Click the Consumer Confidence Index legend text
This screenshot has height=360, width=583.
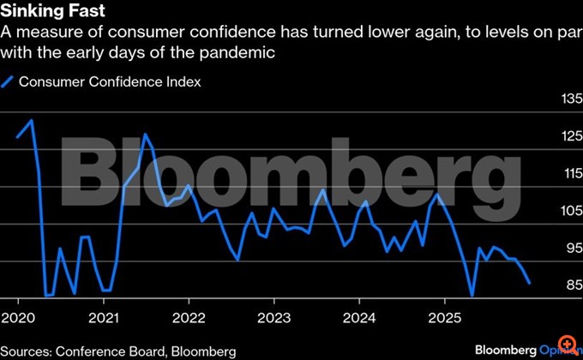[x=110, y=82]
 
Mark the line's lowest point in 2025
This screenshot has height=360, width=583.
[x=472, y=296]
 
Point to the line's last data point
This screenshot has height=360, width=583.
[x=529, y=283]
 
